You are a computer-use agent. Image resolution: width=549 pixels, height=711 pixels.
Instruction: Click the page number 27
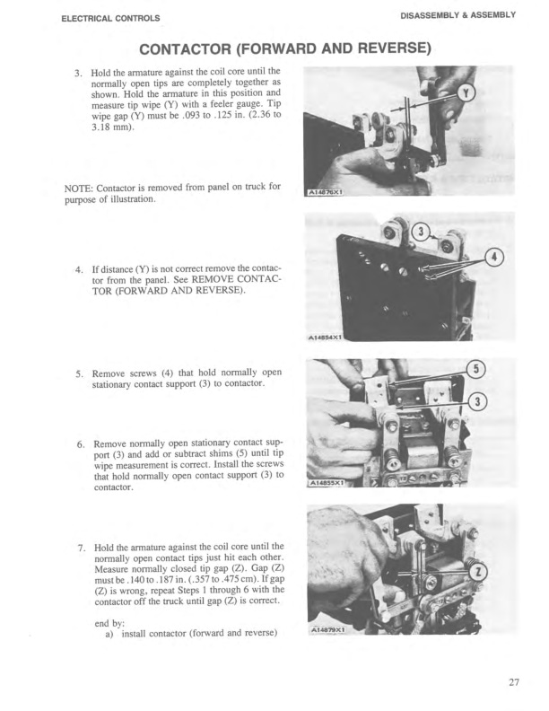coord(513,682)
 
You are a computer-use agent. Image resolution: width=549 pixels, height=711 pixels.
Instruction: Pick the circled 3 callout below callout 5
coord(483,400)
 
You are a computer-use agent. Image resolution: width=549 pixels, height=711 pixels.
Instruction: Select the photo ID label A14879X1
coord(327,631)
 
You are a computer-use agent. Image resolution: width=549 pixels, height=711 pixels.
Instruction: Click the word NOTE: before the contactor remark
coord(59,187)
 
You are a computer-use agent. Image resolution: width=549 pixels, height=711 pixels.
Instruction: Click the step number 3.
coord(78,71)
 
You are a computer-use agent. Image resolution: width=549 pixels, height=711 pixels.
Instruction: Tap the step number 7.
coord(78,547)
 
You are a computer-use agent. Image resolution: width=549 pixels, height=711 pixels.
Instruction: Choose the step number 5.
coord(78,373)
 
